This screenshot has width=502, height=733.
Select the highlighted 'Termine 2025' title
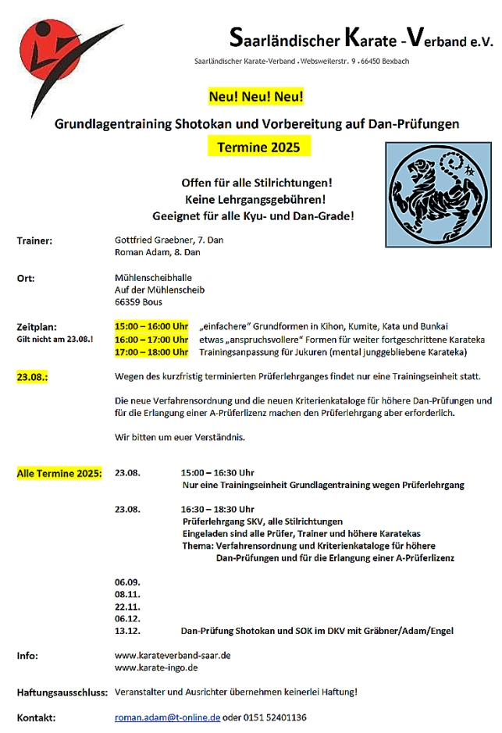pyautogui.click(x=253, y=147)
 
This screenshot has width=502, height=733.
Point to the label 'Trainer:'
pyautogui.click(x=34, y=240)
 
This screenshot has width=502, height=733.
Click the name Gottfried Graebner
pyautogui.click(x=148, y=240)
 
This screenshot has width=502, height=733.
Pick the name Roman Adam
pyautogui.click(x=137, y=252)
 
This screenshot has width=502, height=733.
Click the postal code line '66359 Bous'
pyautogui.click(x=138, y=301)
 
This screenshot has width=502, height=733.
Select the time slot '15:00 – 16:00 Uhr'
pyautogui.click(x=151, y=326)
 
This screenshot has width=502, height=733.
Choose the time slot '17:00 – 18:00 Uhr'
pyautogui.click(x=151, y=352)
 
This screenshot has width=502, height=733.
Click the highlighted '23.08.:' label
pyautogui.click(x=33, y=378)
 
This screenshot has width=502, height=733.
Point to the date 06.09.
pyautogui.click(x=126, y=582)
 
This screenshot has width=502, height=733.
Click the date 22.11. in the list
pyautogui.click(x=126, y=606)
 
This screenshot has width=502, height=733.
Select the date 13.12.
pyautogui.click(x=126, y=631)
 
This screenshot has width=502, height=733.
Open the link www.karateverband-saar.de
pyautogui.click(x=173, y=656)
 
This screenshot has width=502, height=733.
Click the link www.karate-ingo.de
pyautogui.click(x=156, y=667)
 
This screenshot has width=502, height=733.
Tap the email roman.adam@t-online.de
pyautogui.click(x=167, y=717)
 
